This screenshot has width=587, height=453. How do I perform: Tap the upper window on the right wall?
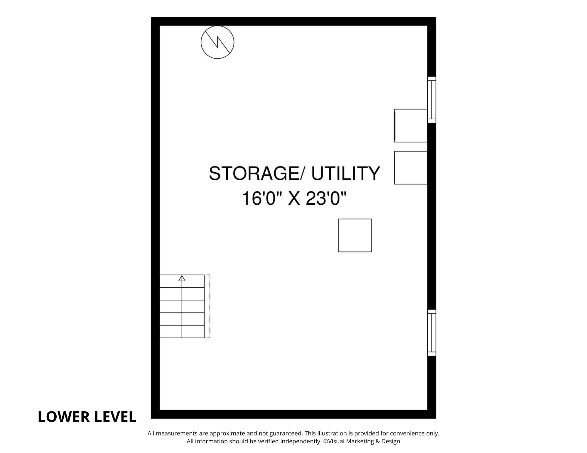(431, 100)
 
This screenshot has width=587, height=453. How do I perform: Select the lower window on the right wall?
(431, 333)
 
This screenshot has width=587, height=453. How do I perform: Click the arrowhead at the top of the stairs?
(182, 278)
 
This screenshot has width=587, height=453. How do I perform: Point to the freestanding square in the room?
(355, 235)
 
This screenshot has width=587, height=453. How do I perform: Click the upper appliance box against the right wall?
(411, 125)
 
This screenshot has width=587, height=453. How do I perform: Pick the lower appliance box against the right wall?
(411, 168)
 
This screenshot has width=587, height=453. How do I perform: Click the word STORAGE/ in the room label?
(258, 173)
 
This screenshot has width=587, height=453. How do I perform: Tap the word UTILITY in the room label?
(346, 173)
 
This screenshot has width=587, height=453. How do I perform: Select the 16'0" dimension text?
(262, 198)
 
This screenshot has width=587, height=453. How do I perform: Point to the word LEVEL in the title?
(114, 417)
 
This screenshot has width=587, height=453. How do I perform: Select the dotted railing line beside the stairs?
(209, 306)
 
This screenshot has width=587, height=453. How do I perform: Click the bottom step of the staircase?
(182, 332)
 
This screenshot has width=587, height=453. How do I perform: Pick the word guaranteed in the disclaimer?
(285, 434)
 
